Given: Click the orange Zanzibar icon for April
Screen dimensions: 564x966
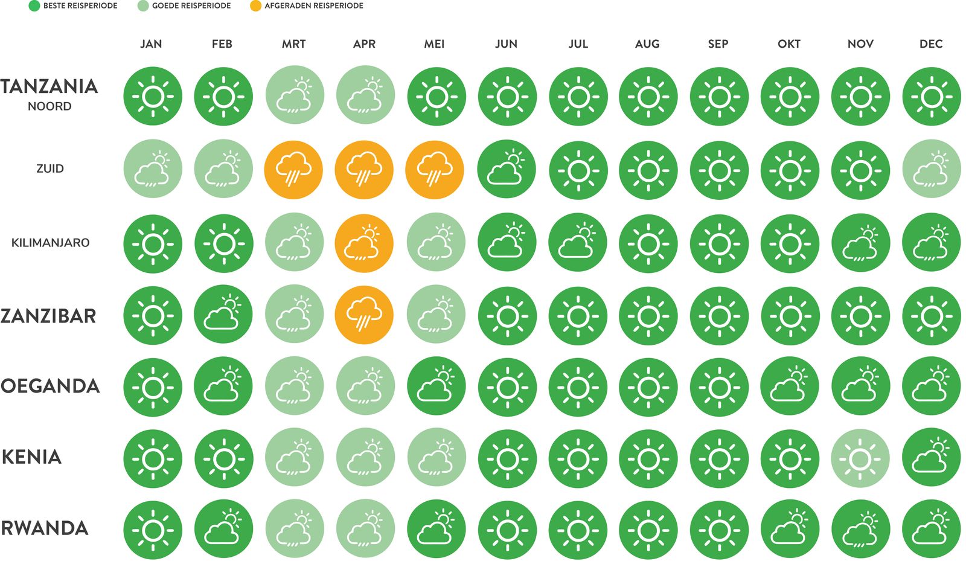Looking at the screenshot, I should (364, 315).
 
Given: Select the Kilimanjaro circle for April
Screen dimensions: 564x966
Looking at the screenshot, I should (364, 244).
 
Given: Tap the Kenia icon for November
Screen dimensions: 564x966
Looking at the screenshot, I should (860, 459).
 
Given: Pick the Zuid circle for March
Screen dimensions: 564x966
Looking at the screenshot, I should (293, 170).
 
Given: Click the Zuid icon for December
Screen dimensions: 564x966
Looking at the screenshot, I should (931, 170).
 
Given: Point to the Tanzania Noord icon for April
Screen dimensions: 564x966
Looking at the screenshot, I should (365, 96).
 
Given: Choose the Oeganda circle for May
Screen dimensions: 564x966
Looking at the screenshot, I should (436, 387).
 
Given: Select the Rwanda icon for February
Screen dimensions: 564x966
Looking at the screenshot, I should (223, 530).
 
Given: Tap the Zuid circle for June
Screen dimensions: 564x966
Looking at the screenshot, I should (507, 170).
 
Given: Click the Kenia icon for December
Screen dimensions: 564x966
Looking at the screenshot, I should (931, 459).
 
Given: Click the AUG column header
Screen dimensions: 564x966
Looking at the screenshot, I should (647, 44).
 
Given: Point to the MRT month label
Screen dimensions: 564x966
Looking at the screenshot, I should (293, 44).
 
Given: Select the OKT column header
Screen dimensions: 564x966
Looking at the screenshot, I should (789, 44).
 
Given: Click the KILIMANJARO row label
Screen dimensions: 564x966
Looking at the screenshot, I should (50, 243).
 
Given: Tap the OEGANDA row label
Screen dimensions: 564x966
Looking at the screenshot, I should (50, 386).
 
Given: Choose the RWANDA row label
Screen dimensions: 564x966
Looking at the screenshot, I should (45, 528).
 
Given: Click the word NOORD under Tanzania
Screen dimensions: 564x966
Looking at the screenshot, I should (50, 106).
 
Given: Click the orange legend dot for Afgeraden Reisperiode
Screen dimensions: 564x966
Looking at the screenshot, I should (255, 6).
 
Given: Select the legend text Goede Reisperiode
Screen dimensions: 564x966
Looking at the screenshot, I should (191, 6).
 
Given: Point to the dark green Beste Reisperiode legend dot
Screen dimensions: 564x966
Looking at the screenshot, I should (34, 6).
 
